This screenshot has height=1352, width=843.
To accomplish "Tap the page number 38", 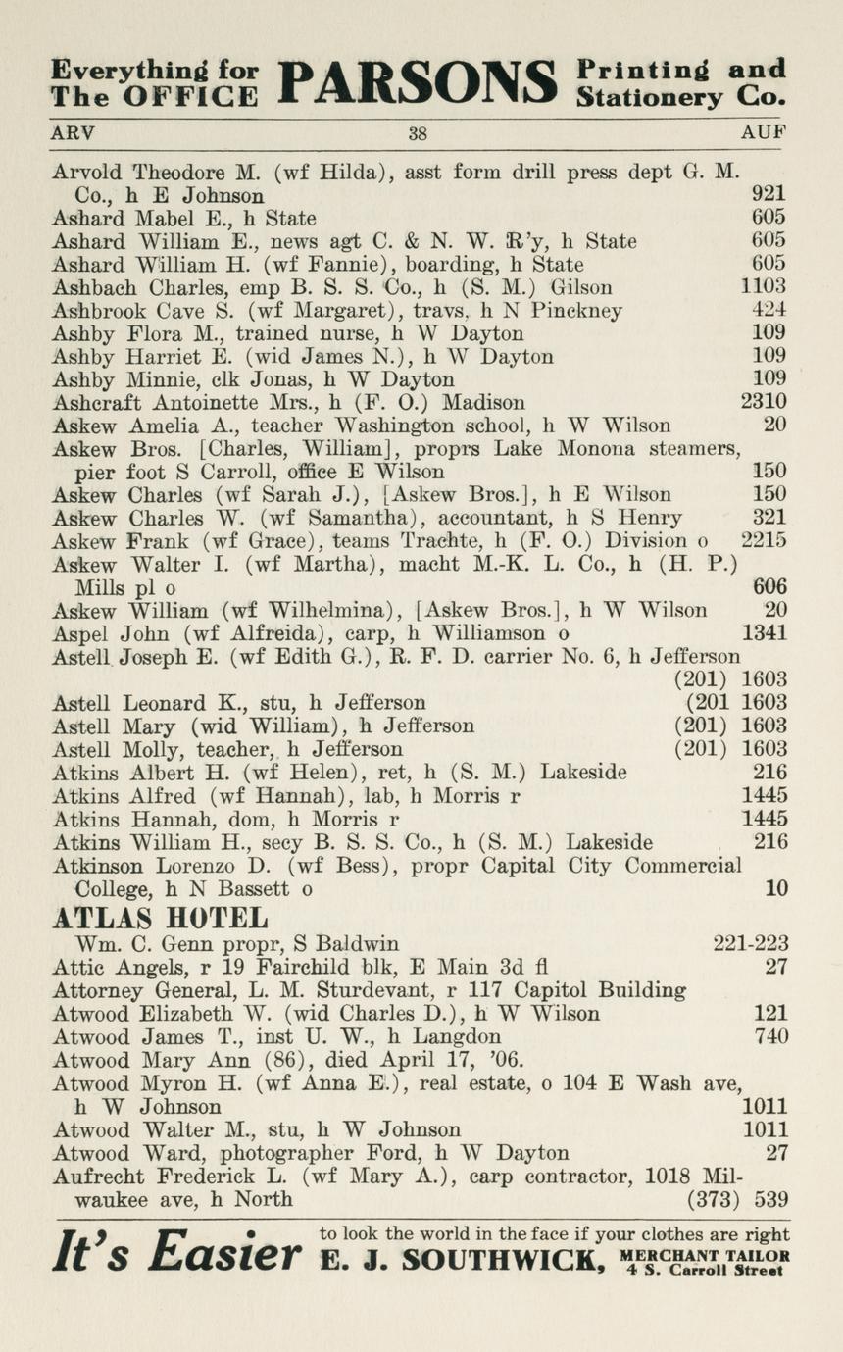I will [x=419, y=133].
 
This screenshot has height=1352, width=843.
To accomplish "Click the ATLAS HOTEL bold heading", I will [x=159, y=919].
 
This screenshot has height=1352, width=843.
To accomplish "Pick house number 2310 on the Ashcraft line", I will [x=764, y=402].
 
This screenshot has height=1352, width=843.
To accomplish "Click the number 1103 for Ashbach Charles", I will [x=764, y=287].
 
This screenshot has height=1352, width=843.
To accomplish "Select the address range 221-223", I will [x=750, y=944].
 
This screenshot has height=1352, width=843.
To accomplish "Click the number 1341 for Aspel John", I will [x=764, y=633].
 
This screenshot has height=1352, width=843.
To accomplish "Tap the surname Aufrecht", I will [x=97, y=1177].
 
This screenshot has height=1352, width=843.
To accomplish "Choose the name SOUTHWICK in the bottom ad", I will [x=504, y=1259].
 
